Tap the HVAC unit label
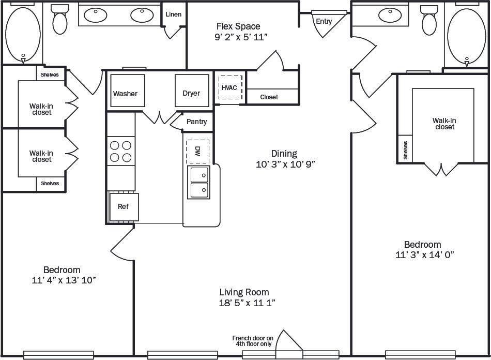(x=229, y=87)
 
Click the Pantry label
(x=196, y=122)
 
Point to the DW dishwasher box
(x=197, y=151)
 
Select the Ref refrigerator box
(x=124, y=206)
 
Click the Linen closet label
(x=173, y=14)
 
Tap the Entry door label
(x=324, y=21)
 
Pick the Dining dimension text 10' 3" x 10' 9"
(x=284, y=164)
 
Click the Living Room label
(x=244, y=292)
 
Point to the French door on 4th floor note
(x=253, y=340)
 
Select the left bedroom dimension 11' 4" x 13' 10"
(x=64, y=280)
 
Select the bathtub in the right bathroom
(x=466, y=34)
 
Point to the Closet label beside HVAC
(x=269, y=97)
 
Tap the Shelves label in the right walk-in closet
(x=405, y=150)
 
